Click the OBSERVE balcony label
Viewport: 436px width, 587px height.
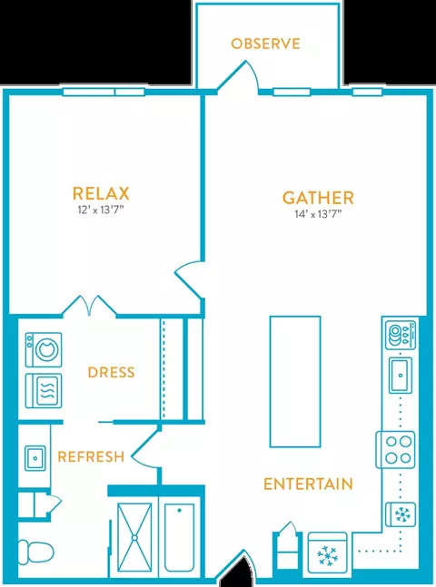click(x=265, y=44)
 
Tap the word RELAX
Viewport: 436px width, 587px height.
click(x=101, y=193)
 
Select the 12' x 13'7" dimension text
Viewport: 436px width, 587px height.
click(x=101, y=210)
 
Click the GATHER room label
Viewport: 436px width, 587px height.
click(x=318, y=198)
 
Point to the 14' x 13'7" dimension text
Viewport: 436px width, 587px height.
click(x=318, y=214)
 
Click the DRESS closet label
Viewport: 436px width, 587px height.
click(x=111, y=373)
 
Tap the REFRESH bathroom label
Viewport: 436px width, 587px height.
click(x=91, y=456)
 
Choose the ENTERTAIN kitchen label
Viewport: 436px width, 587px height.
click(x=308, y=484)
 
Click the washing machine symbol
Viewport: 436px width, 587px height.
click(x=44, y=349)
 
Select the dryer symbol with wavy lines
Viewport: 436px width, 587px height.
click(x=44, y=390)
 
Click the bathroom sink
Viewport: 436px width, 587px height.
click(x=35, y=458)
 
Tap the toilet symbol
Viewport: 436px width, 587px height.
click(x=35, y=551)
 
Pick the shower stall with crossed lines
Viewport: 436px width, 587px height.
click(x=134, y=537)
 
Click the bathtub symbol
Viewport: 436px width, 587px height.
click(x=179, y=538)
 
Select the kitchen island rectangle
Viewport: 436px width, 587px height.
click(x=295, y=381)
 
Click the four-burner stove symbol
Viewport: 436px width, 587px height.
click(x=395, y=450)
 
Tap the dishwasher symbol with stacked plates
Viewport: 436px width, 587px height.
click(x=401, y=334)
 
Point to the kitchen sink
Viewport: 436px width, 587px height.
click(x=401, y=375)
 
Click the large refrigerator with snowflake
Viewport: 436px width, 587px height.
click(x=328, y=553)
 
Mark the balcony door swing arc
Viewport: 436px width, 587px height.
click(x=253, y=73)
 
